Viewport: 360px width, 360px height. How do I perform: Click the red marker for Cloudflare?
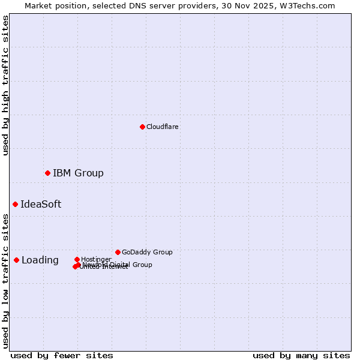142,127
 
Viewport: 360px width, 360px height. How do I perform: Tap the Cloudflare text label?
163,127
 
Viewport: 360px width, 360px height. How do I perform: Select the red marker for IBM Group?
47,173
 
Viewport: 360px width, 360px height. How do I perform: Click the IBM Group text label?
78,173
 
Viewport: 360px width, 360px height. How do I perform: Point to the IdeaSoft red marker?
15,204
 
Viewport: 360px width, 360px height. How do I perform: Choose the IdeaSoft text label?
41,204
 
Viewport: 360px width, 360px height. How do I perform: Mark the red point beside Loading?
16,260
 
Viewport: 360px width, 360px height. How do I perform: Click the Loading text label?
40,260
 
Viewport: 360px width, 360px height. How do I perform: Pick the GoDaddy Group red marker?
118,252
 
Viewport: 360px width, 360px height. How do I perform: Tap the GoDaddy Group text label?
147,252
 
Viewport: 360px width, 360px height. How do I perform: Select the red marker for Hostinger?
77,259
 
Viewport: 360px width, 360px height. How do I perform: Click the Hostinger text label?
96,259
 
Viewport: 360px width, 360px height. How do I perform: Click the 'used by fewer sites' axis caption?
62,355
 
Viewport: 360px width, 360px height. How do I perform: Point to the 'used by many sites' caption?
301,355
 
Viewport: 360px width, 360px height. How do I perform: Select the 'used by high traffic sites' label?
5,85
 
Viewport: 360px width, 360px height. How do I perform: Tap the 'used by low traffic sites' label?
5,281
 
